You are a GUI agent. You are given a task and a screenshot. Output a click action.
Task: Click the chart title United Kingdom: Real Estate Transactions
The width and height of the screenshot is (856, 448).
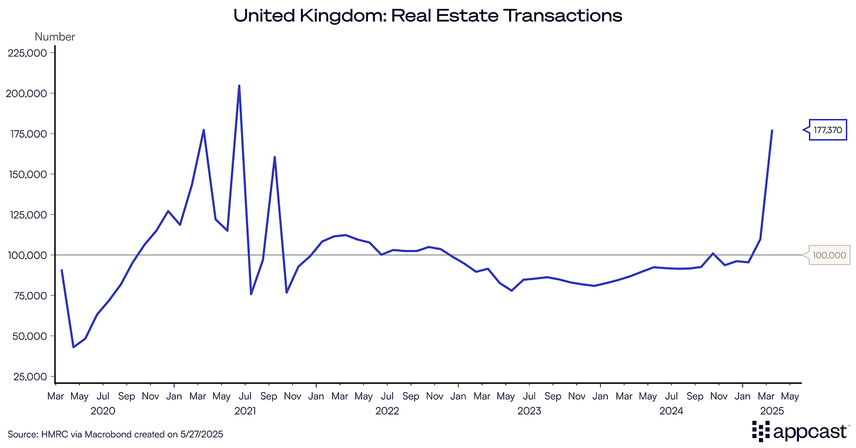pyautogui.click(x=428, y=15)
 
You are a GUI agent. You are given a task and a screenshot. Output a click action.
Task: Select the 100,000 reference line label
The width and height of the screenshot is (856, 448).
pyautogui.click(x=829, y=255)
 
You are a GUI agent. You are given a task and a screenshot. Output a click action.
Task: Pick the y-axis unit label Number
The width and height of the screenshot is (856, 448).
pyautogui.click(x=55, y=36)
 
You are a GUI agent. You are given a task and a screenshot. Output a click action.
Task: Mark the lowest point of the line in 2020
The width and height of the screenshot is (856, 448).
pyautogui.click(x=73, y=347)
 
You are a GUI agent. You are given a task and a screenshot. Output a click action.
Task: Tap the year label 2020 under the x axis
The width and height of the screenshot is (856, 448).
pyautogui.click(x=103, y=411)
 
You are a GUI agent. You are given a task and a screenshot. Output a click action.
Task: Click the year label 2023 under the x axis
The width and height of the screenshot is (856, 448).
pyautogui.click(x=529, y=411)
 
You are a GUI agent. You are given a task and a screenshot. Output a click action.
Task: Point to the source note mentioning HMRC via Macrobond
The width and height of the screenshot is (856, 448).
pyautogui.click(x=115, y=434)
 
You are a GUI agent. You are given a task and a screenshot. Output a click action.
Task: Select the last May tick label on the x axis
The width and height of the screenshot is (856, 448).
pyautogui.click(x=790, y=396)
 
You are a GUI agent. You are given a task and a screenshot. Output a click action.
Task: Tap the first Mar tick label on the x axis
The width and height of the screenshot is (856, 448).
pyautogui.click(x=55, y=396)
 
